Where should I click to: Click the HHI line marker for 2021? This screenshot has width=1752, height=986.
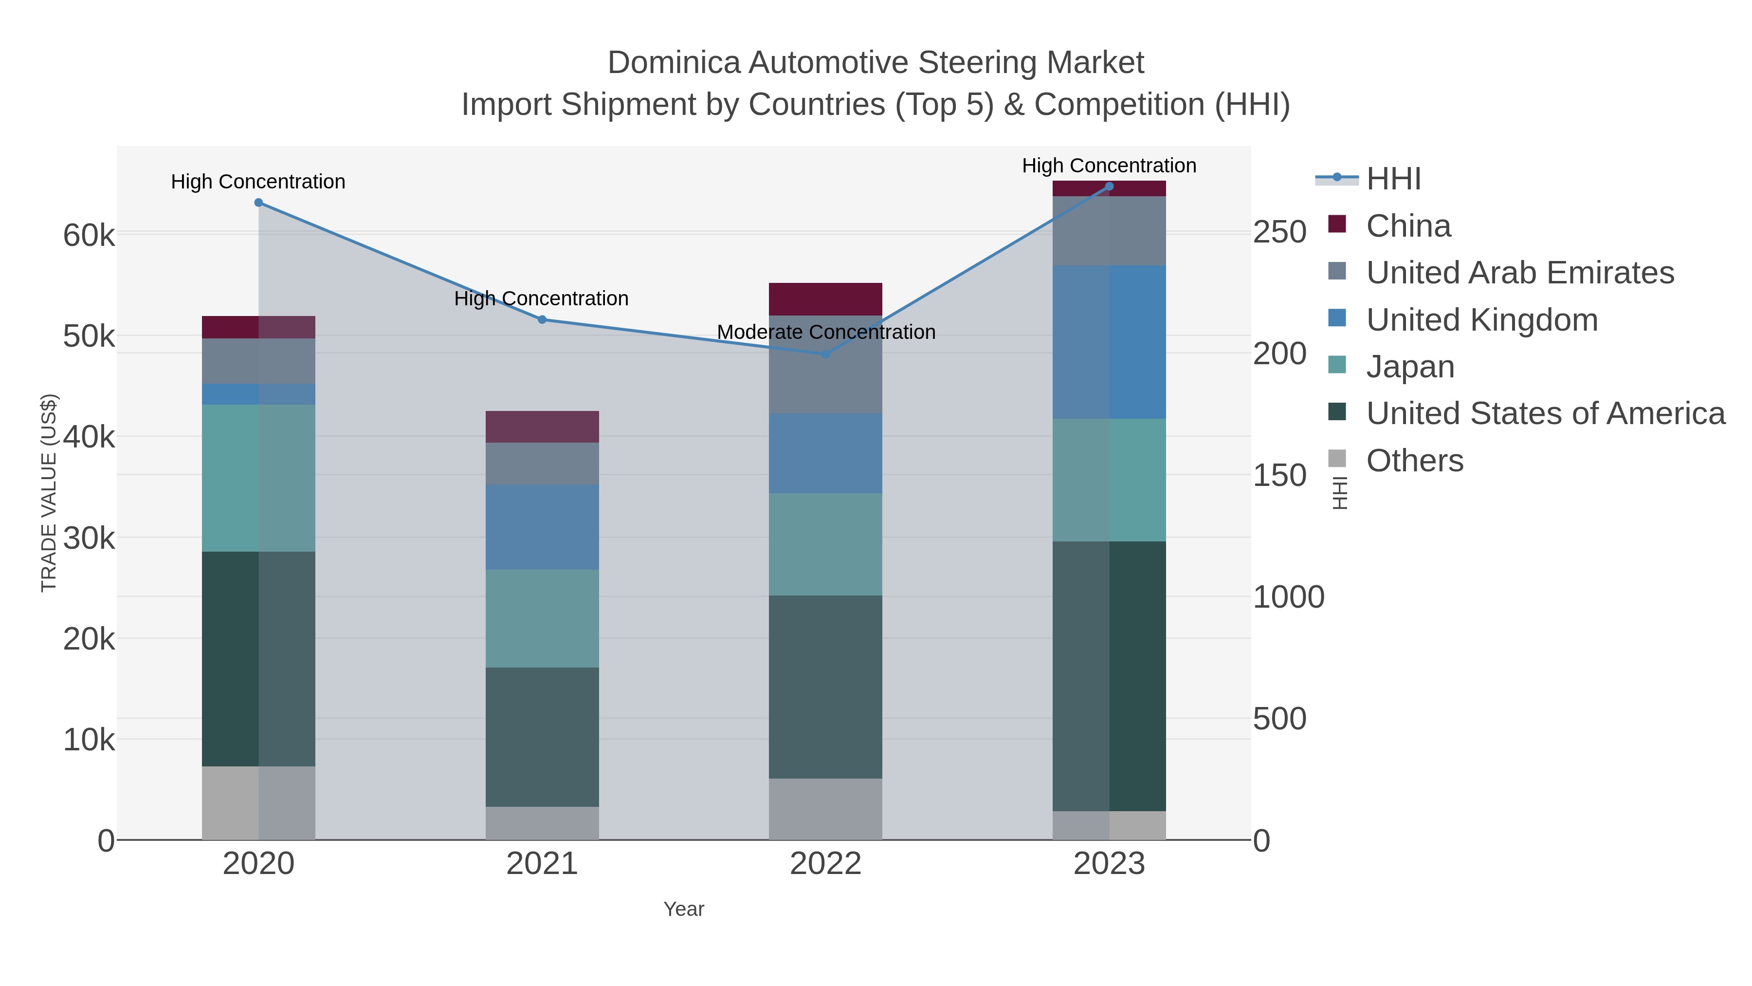tap(542, 319)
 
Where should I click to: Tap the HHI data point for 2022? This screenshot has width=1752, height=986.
tap(826, 354)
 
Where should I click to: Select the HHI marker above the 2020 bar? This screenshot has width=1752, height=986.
tap(258, 203)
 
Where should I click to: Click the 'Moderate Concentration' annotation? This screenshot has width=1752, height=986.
tap(826, 332)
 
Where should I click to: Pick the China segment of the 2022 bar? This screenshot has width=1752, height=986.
tap(826, 299)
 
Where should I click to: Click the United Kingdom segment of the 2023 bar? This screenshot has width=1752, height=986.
tap(1109, 342)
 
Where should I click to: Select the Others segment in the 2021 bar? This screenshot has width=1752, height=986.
tap(542, 823)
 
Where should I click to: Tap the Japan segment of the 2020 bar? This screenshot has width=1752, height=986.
tap(258, 478)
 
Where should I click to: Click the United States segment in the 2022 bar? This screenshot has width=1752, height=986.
tap(826, 687)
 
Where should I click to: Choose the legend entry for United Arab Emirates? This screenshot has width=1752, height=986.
tap(1519, 272)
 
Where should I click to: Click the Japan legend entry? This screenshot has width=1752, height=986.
tap(1410, 366)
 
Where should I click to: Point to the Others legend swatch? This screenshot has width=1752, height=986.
tap(1336, 459)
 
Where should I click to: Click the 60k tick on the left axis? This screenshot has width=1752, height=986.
tap(89, 236)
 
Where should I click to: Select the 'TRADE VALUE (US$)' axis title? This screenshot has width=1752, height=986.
tap(49, 493)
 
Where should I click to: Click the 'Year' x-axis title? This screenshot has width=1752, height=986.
tap(684, 909)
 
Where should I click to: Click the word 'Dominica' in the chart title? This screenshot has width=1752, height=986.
tap(674, 63)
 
